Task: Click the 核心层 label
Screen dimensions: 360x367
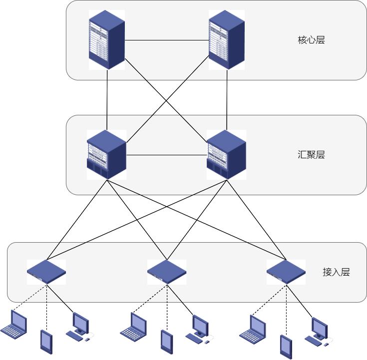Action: (311, 40)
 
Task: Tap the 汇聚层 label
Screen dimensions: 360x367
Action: (311, 154)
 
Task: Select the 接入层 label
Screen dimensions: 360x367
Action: (336, 272)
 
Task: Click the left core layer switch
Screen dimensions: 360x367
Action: (106, 40)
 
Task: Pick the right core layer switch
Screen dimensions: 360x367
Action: (226, 40)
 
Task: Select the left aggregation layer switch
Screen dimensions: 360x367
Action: (106, 155)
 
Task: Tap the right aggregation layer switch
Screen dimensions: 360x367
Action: (226, 155)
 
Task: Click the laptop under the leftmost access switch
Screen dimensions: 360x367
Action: (15, 324)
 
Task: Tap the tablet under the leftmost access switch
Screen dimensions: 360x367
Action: (46, 341)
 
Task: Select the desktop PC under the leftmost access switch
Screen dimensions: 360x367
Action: (78, 327)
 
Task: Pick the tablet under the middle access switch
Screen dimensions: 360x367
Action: (166, 341)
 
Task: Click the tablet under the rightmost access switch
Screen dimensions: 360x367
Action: (286, 346)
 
